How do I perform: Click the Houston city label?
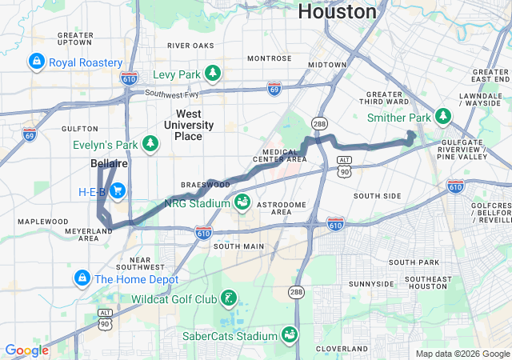pos(337,11)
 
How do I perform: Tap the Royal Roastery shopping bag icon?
pos(36,62)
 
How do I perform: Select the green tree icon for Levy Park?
pos(213,74)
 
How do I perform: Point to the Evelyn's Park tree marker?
pos(150,143)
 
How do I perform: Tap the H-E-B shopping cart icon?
pos(118,191)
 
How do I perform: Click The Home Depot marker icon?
pos(82,278)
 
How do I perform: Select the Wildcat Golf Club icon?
pos(230,299)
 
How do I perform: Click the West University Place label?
pos(189,125)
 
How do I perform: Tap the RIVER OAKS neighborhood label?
pos(190,46)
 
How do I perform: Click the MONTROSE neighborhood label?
pos(270,58)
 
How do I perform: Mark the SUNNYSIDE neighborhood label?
pos(371,283)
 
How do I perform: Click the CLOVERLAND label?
pos(341,349)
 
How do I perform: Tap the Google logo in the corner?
pos(26,350)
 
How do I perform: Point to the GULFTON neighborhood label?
pos(79,128)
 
